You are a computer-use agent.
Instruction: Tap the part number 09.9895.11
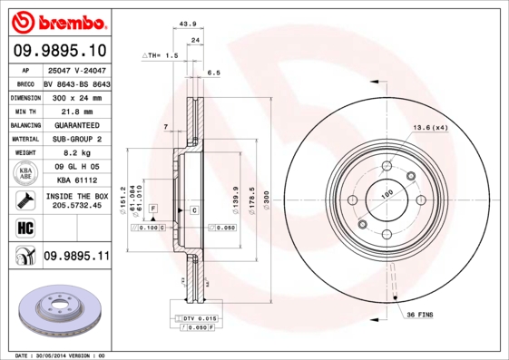pos(76,257)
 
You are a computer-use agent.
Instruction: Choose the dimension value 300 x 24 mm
pos(76,95)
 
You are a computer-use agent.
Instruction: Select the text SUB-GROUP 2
pos(76,139)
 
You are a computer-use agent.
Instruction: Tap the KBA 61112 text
pos(76,181)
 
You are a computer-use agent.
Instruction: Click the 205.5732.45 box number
pos(76,206)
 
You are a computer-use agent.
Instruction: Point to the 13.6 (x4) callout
pos(430,128)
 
